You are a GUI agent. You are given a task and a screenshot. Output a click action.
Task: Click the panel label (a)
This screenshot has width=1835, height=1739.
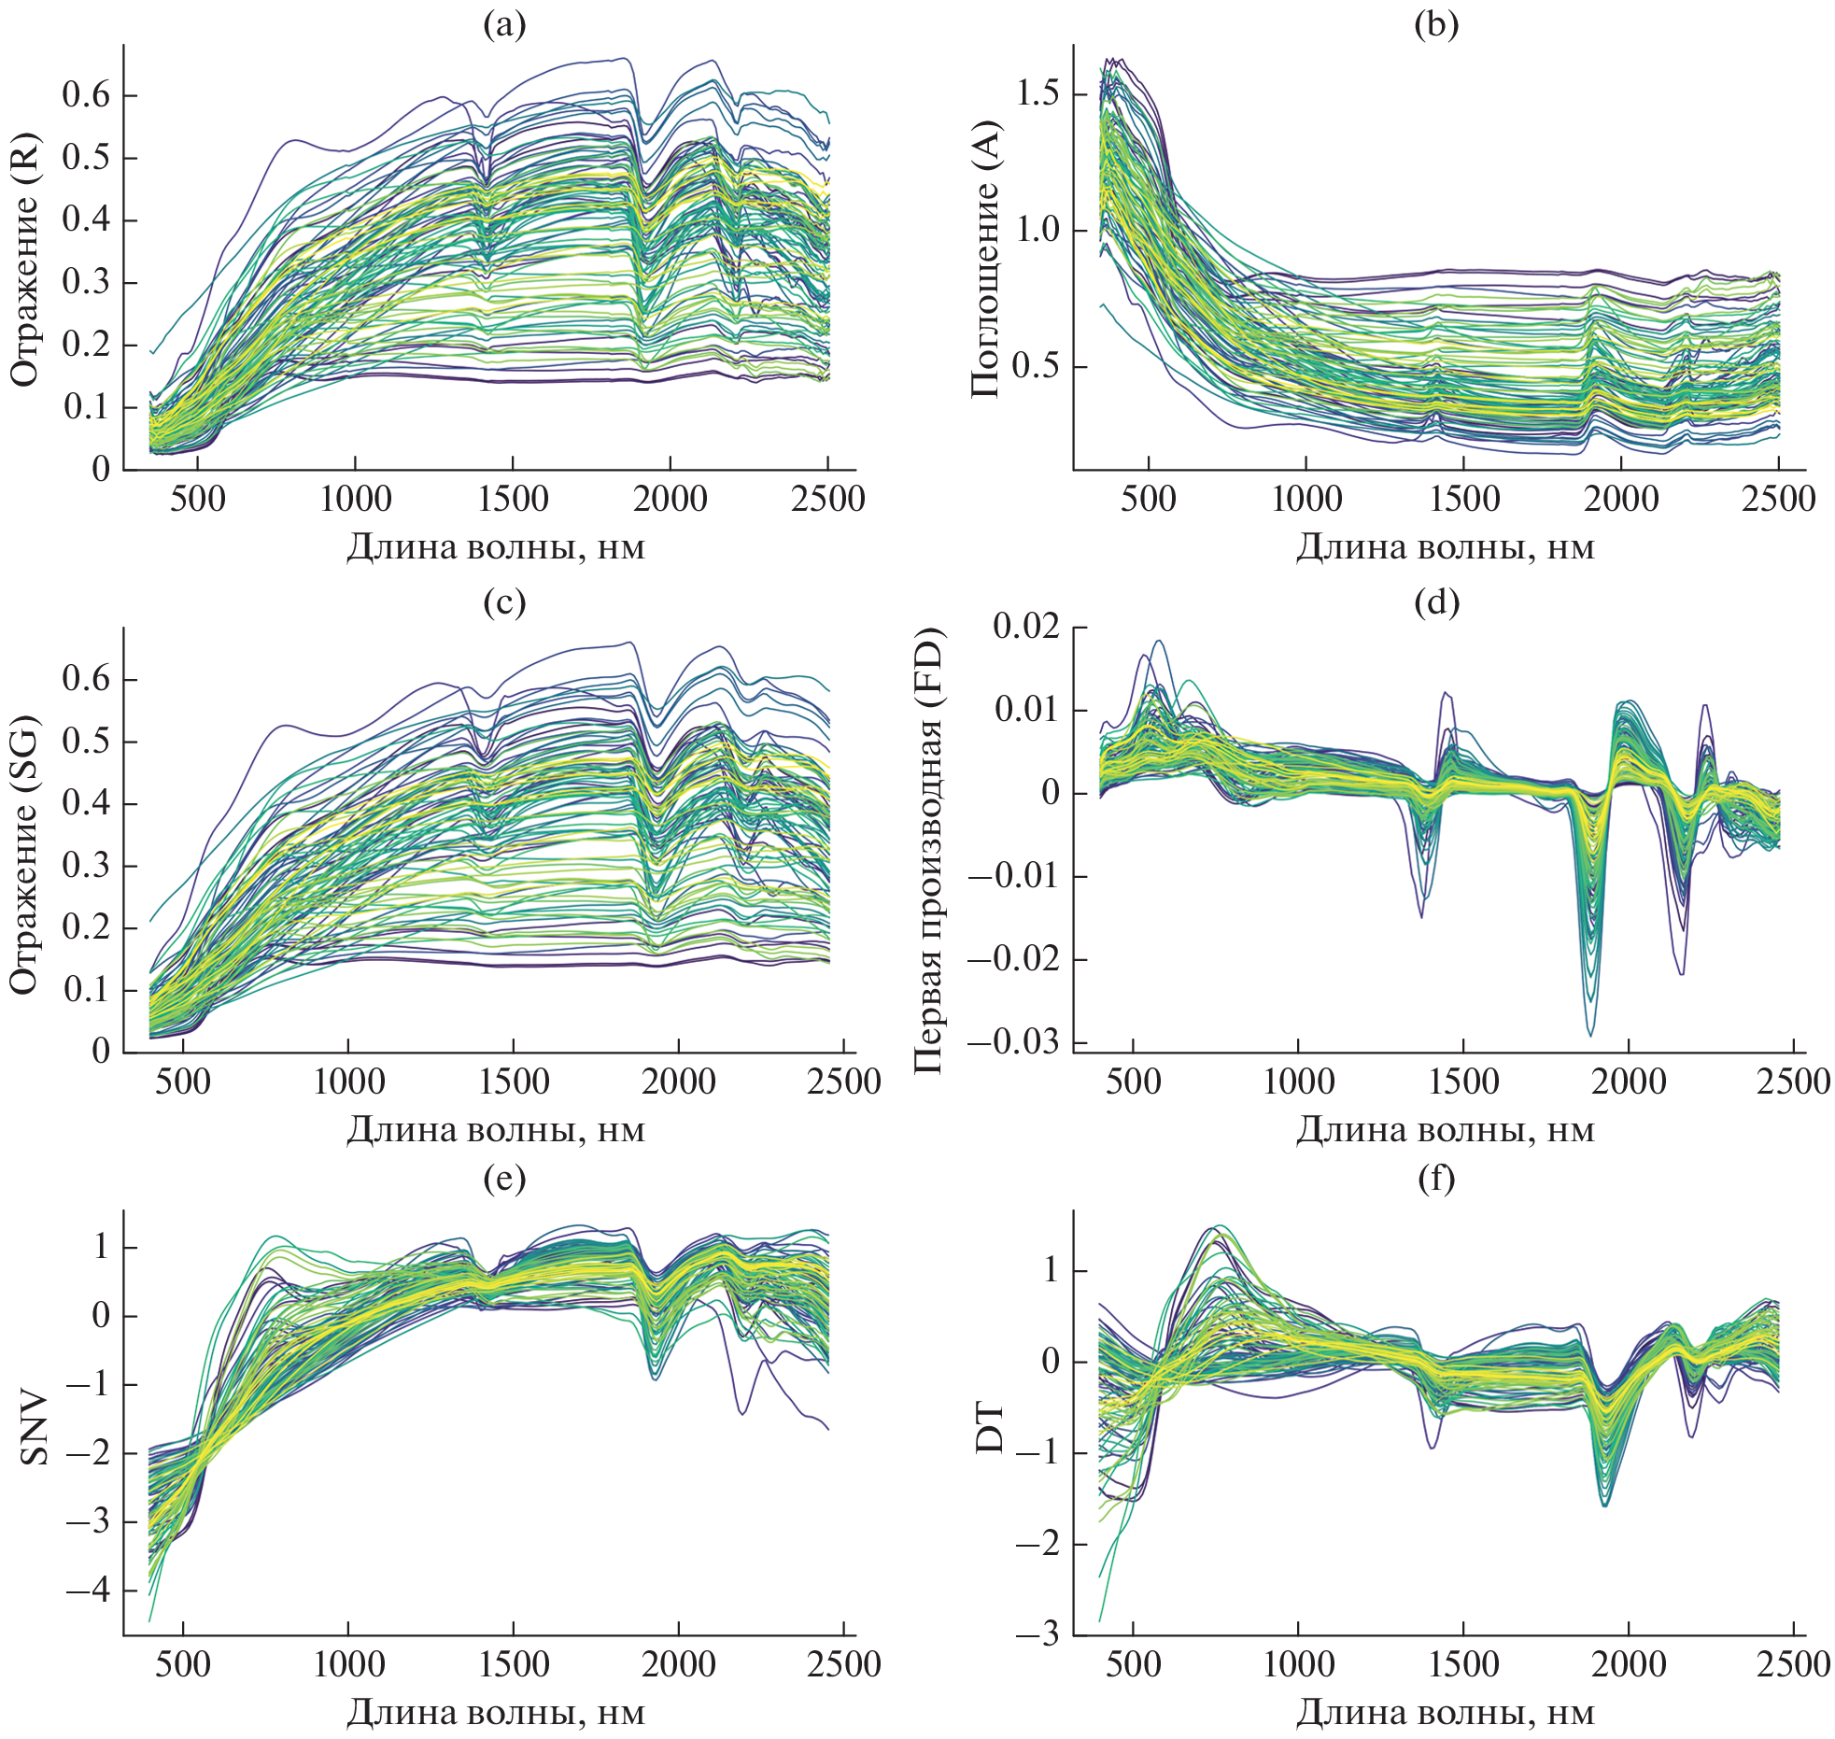click(x=504, y=25)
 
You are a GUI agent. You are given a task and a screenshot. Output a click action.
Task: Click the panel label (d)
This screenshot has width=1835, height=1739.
click(x=1436, y=602)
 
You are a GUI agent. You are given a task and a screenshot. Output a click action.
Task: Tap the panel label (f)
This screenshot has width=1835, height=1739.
click(x=1436, y=1179)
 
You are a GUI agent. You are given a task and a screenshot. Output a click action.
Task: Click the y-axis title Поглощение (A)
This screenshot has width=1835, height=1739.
click(x=984, y=259)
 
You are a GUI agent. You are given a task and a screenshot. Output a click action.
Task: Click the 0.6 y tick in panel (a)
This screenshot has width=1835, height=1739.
click(x=86, y=95)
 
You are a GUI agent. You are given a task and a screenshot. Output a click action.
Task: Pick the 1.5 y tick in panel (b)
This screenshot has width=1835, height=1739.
click(x=1037, y=93)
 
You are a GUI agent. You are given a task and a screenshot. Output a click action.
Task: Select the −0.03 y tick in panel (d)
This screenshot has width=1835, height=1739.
click(x=1014, y=1042)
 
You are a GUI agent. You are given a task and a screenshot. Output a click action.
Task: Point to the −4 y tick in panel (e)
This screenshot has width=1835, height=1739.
click(x=86, y=1590)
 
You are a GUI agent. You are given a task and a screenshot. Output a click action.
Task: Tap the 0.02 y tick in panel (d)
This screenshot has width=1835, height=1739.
click(x=1026, y=627)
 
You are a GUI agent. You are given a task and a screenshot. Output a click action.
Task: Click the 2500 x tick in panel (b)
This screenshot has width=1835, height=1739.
click(x=1778, y=499)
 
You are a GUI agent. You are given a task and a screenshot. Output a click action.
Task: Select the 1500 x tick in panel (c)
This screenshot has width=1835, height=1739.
click(x=514, y=1082)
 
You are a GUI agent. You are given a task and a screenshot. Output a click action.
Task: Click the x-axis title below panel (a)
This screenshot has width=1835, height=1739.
click(x=496, y=546)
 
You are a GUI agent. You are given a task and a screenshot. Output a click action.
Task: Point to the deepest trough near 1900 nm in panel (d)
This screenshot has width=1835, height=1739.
click(x=1590, y=1035)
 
